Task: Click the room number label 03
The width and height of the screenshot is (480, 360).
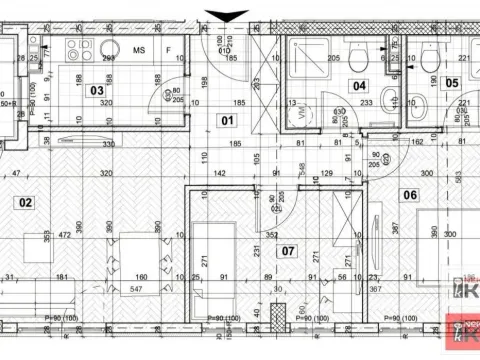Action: tap(97, 90)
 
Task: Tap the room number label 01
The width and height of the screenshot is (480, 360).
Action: tap(226, 121)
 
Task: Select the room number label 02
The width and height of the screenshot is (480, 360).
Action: tap(25, 203)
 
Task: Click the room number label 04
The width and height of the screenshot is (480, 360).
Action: tap(360, 86)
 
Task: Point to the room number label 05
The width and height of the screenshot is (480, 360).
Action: tap(452, 84)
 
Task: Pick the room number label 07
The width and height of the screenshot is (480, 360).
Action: tap(289, 249)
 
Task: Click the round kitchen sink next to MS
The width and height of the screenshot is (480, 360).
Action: tap(109, 48)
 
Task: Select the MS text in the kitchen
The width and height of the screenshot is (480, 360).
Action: tap(140, 48)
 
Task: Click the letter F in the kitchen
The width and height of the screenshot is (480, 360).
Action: tap(169, 48)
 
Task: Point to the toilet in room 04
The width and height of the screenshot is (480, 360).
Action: tap(359, 60)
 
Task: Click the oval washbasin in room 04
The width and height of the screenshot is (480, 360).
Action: tap(391, 101)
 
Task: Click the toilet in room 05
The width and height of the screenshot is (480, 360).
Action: tap(431, 60)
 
